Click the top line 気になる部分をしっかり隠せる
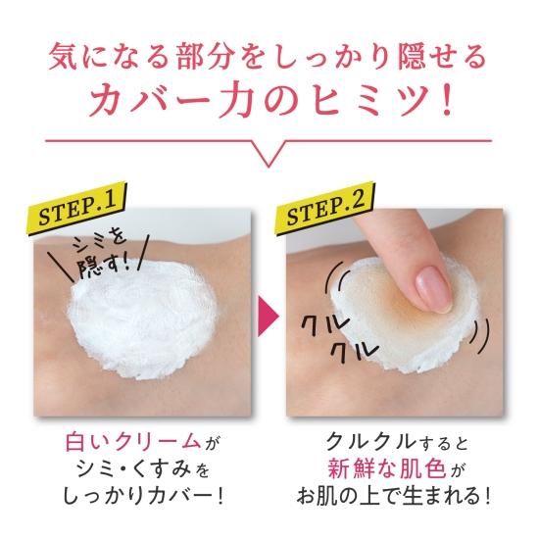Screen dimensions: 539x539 (x=269, y=55)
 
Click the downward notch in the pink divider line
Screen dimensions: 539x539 (x=269, y=156)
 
